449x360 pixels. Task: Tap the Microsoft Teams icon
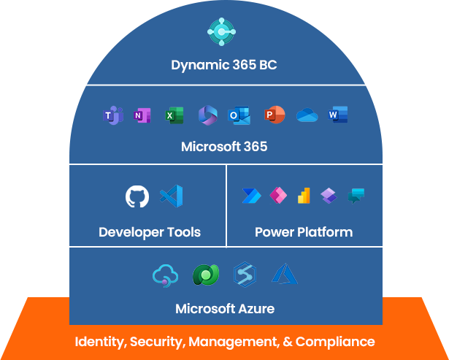pyautogui.click(x=112, y=115)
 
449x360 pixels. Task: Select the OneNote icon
pyautogui.click(x=142, y=115)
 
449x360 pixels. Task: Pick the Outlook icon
pyautogui.click(x=238, y=115)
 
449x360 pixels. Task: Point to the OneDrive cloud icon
pyautogui.click(x=307, y=115)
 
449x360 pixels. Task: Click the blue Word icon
pyautogui.click(x=337, y=115)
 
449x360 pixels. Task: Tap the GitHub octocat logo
pyautogui.click(x=137, y=196)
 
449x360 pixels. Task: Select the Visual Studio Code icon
pyautogui.click(x=171, y=196)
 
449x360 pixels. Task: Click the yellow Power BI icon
pyautogui.click(x=303, y=196)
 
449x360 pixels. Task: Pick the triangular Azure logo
pyautogui.click(x=284, y=275)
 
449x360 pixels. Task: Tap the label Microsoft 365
pyautogui.click(x=224, y=147)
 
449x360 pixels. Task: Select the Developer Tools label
pyautogui.click(x=150, y=232)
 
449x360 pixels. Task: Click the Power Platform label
pyautogui.click(x=304, y=232)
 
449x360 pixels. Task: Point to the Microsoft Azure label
pyautogui.click(x=225, y=309)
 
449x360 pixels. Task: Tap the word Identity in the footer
pyautogui.click(x=100, y=341)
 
